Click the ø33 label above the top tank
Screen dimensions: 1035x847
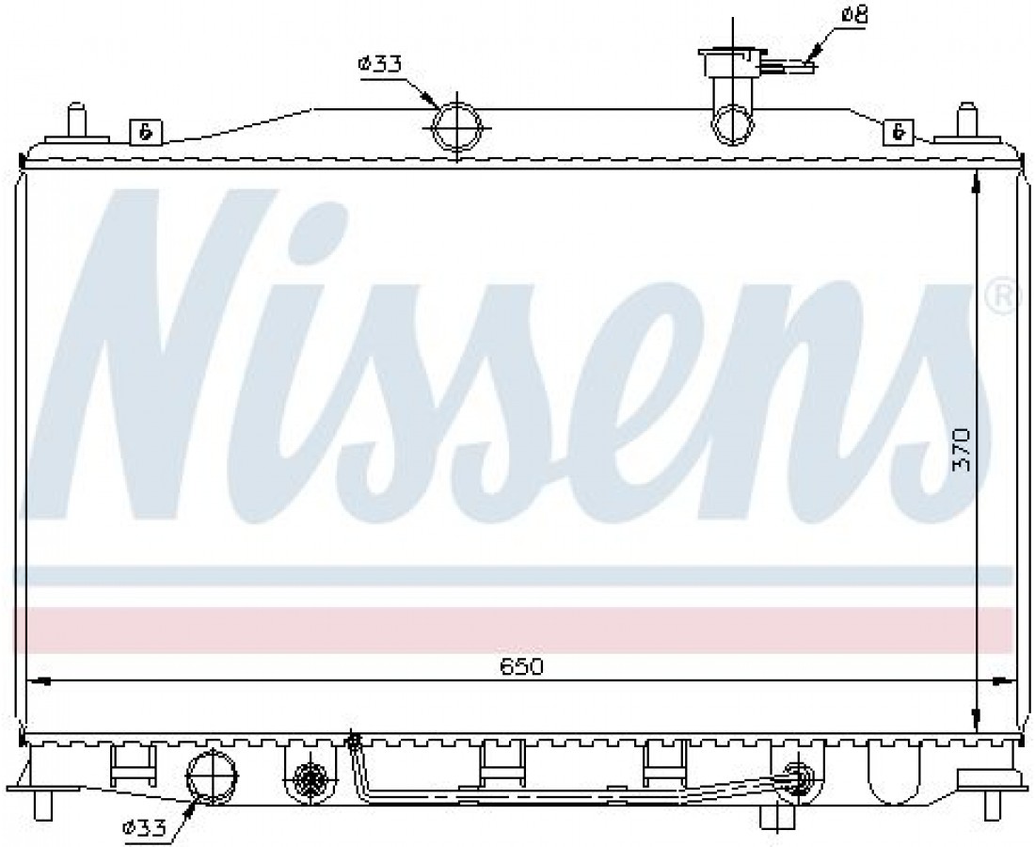click(379, 64)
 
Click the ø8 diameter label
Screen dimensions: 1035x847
click(853, 15)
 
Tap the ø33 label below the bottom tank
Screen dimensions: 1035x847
click(144, 827)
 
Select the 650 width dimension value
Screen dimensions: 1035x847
click(521, 666)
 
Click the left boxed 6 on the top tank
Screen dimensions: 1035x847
click(145, 132)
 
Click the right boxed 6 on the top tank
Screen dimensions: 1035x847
click(899, 132)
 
